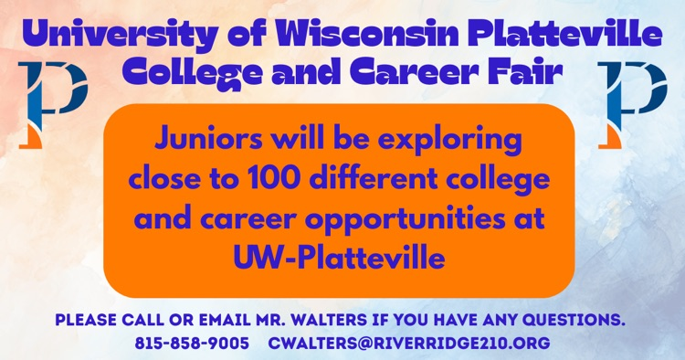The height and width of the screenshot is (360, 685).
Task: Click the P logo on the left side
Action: point(52,102)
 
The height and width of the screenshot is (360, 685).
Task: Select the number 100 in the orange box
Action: point(261,180)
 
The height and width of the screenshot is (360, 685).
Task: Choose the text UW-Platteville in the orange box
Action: point(339,259)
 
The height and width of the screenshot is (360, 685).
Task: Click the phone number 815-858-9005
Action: point(192,344)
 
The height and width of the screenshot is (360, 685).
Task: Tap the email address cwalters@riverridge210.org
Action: point(408,344)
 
